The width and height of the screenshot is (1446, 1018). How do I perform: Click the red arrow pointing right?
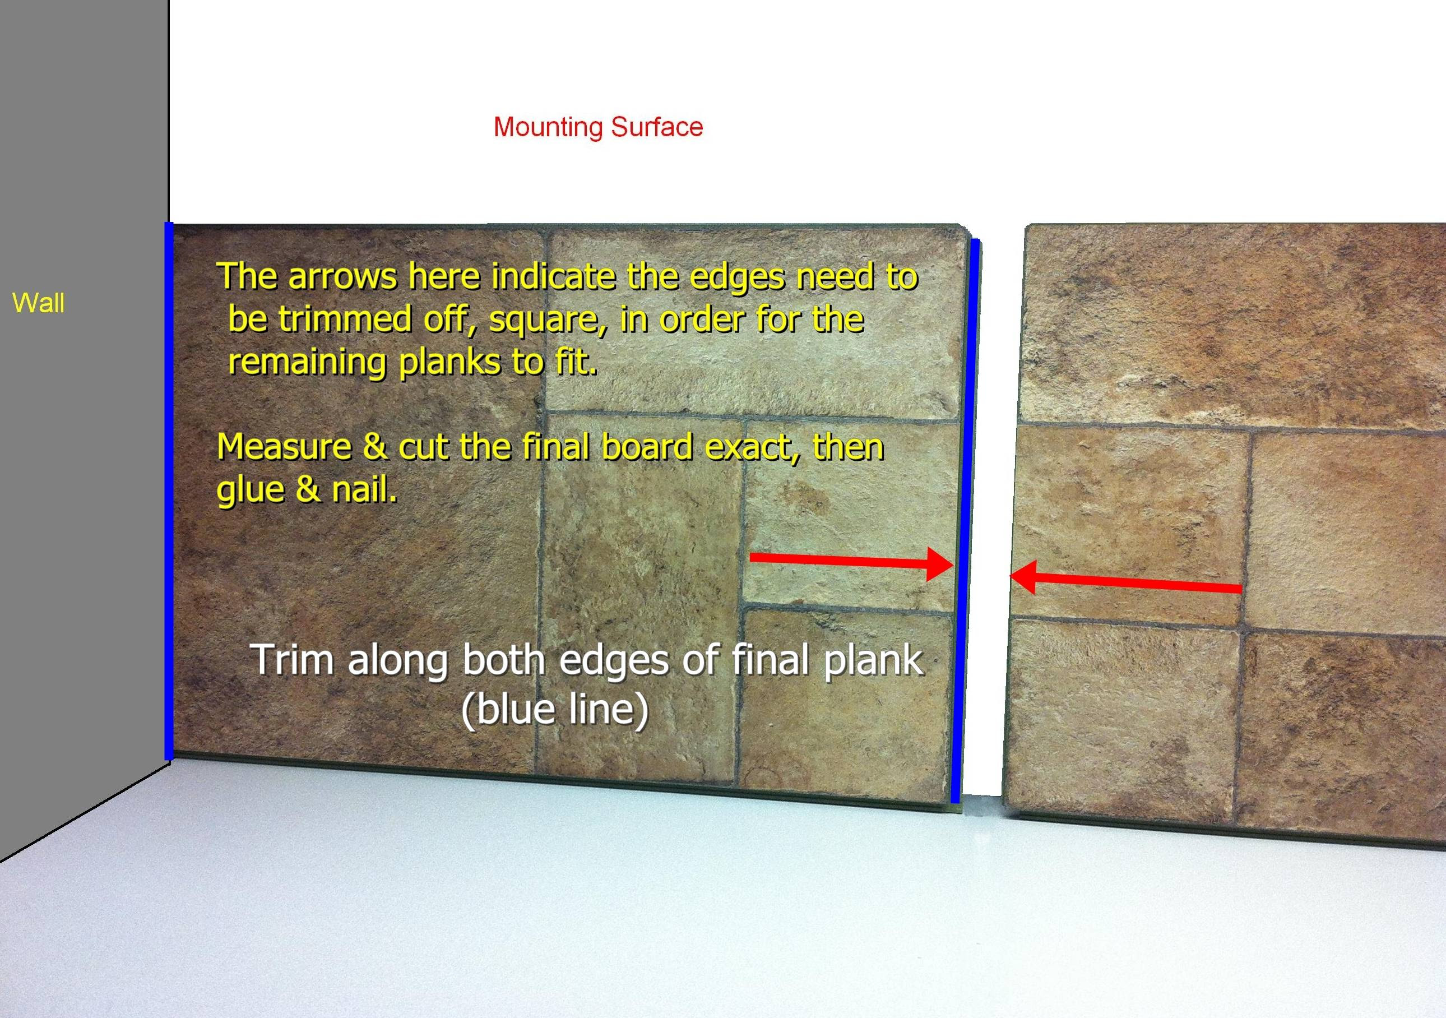851,562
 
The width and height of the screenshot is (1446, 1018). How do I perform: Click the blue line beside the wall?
169,492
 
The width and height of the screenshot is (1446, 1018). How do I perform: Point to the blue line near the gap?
965,521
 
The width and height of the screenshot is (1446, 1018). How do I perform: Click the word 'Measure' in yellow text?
284,447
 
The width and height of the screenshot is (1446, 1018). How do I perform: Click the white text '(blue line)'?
555,710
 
